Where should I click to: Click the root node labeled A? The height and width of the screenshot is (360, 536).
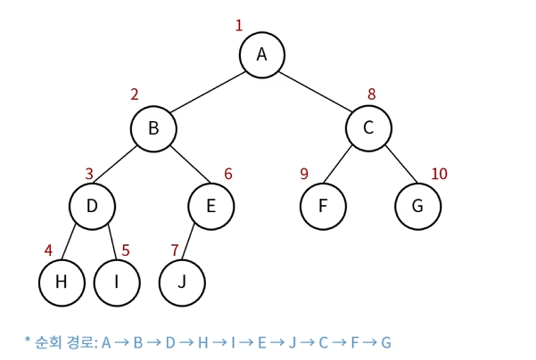[x=261, y=54]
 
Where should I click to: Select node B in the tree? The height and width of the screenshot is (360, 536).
[x=153, y=128]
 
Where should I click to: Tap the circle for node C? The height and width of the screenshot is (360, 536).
[x=368, y=128]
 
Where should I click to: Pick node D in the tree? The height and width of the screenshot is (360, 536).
[x=92, y=206]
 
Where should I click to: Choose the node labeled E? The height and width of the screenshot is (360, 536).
[x=210, y=206]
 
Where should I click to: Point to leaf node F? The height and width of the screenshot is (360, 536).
[x=322, y=206]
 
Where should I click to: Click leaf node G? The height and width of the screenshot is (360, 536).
[x=417, y=206]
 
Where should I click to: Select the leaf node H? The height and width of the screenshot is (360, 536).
[x=62, y=282]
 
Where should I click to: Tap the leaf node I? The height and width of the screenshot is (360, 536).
[x=117, y=282]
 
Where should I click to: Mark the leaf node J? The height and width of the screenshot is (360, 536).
[x=182, y=282]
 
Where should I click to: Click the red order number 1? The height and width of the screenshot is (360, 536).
[x=239, y=25]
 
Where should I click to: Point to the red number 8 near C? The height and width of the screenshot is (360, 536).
[x=372, y=94]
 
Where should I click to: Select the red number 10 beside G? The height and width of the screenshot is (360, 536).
[x=439, y=174]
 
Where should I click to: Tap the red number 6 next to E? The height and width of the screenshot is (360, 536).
[x=228, y=174]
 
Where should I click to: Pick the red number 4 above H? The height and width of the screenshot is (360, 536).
[x=49, y=250]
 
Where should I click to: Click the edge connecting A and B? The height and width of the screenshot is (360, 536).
[x=207, y=92]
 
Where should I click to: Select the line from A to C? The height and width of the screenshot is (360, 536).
[x=315, y=92]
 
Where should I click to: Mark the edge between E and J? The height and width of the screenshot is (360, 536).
[x=197, y=243]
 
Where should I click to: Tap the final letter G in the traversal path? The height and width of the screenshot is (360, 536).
[x=386, y=342]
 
